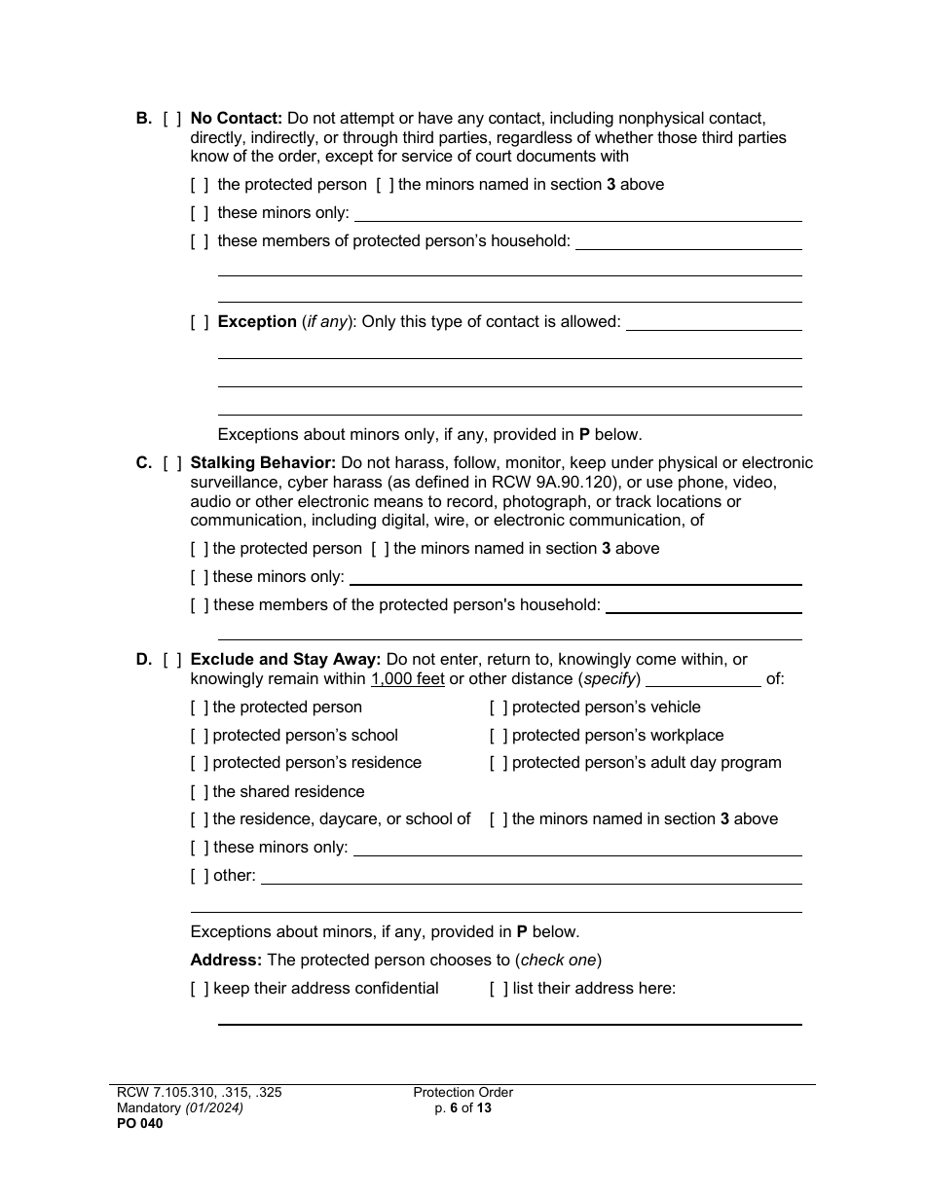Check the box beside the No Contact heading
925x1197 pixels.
pyautogui.click(x=171, y=119)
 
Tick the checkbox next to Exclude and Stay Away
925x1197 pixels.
pyautogui.click(x=171, y=660)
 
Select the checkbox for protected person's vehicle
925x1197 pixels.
pyautogui.click(x=499, y=707)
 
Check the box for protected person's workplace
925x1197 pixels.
pyautogui.click(x=499, y=736)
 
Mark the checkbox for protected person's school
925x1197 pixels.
pyautogui.click(x=200, y=736)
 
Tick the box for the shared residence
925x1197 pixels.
pyautogui.click(x=200, y=792)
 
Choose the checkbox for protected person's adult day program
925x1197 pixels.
pyautogui.click(x=499, y=763)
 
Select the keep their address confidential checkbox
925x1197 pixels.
pyautogui.click(x=200, y=989)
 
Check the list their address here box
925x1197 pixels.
pyautogui.click(x=499, y=989)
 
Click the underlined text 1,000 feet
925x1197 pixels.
pyautogui.click(x=407, y=679)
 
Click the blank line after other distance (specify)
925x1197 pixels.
pyautogui.click(x=703, y=681)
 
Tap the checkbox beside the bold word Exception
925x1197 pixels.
pyautogui.click(x=200, y=322)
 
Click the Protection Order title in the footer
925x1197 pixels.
pyautogui.click(x=462, y=1093)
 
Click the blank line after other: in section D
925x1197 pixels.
pyautogui.click(x=531, y=878)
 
